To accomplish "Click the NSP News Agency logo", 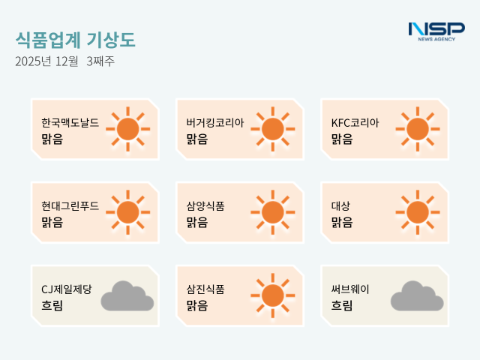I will coord(436,31).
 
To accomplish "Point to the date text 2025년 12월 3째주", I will coord(65,61).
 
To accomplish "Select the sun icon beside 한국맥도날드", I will coord(128,129).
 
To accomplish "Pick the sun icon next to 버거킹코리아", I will coord(273,129).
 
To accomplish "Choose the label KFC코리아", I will coord(355,122).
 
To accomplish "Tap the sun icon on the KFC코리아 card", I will coord(418,129).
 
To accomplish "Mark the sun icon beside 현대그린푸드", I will coord(128,212).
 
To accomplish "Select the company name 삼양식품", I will coord(205,205).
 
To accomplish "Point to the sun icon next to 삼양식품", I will coord(273,212).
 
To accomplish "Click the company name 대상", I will coord(341,205).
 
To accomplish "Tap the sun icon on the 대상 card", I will coord(418,212).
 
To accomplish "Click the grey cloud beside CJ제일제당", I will coord(127,296).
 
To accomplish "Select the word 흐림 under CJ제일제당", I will coord(52,305).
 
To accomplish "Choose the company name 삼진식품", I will coord(205,289).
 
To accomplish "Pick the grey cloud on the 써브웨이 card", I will coord(417,296).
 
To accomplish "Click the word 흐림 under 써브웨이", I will coord(341,305).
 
